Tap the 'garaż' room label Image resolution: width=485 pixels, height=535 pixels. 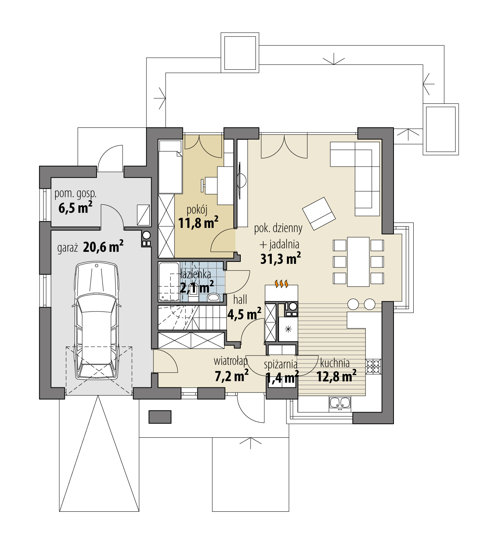(x=68, y=248)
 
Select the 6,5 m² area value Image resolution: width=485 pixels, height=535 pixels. (x=75, y=208)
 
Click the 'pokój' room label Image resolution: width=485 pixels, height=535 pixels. (x=197, y=210)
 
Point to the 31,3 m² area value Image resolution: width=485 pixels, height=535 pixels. (x=280, y=259)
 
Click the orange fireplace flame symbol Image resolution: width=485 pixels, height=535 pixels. (x=281, y=284)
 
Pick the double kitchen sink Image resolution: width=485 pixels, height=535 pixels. (x=340, y=403)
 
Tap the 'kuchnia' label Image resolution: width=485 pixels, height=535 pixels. (x=335, y=363)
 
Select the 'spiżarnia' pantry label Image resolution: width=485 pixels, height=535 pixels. (x=280, y=365)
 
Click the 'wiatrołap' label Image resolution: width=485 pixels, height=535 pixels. (x=231, y=361)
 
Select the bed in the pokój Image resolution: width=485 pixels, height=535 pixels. (x=170, y=167)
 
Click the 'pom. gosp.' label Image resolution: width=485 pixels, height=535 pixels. (x=75, y=193)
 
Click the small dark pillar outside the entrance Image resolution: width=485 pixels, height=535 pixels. (x=160, y=417)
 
